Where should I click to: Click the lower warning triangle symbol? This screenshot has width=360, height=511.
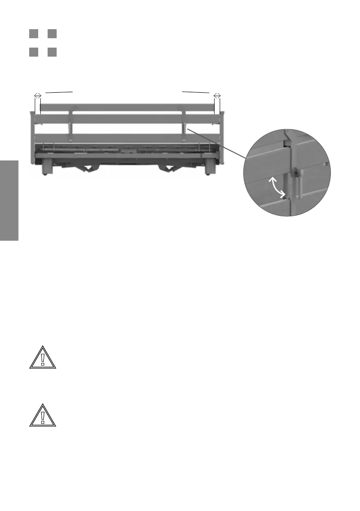pos(43,415)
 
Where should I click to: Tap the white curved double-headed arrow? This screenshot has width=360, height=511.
pos(278,187)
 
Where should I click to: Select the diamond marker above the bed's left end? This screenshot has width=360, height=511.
pos(37,95)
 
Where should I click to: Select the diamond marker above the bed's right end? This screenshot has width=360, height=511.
pos(217,95)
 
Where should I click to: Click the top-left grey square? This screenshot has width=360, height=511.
pos(33,33)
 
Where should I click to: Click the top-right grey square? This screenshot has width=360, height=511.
pos(52,33)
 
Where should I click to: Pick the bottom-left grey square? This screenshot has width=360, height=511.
pos(33,52)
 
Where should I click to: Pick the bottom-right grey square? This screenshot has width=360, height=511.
pos(52,52)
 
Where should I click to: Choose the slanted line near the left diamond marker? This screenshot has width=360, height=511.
pos(60,92)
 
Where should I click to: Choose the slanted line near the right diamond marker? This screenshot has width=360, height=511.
pos(195,92)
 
